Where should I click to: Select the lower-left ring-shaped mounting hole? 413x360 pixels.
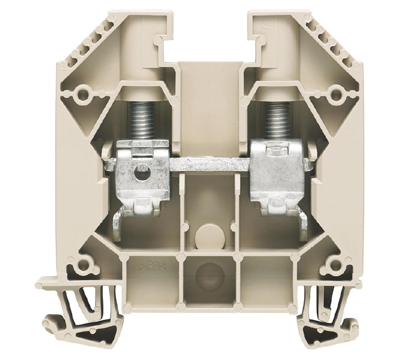pos(83,265)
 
